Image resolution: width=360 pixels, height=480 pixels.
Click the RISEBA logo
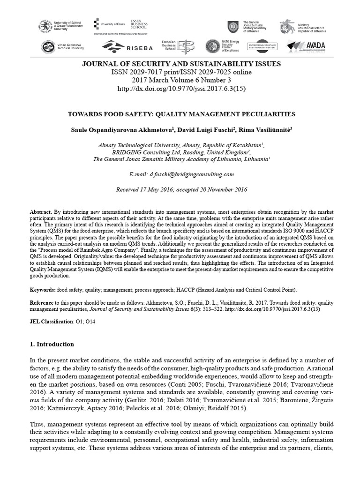click(x=119, y=46)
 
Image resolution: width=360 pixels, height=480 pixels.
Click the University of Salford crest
click(x=45, y=26)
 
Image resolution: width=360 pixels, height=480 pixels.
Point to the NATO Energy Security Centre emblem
click(x=212, y=46)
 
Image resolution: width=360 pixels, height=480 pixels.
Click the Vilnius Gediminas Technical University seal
click(x=47, y=47)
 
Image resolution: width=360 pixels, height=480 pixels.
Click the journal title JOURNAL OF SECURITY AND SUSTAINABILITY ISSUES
click(x=180, y=64)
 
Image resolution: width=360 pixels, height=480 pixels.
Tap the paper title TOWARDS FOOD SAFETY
click(x=180, y=114)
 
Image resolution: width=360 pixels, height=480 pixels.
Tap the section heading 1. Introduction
click(x=52, y=344)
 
